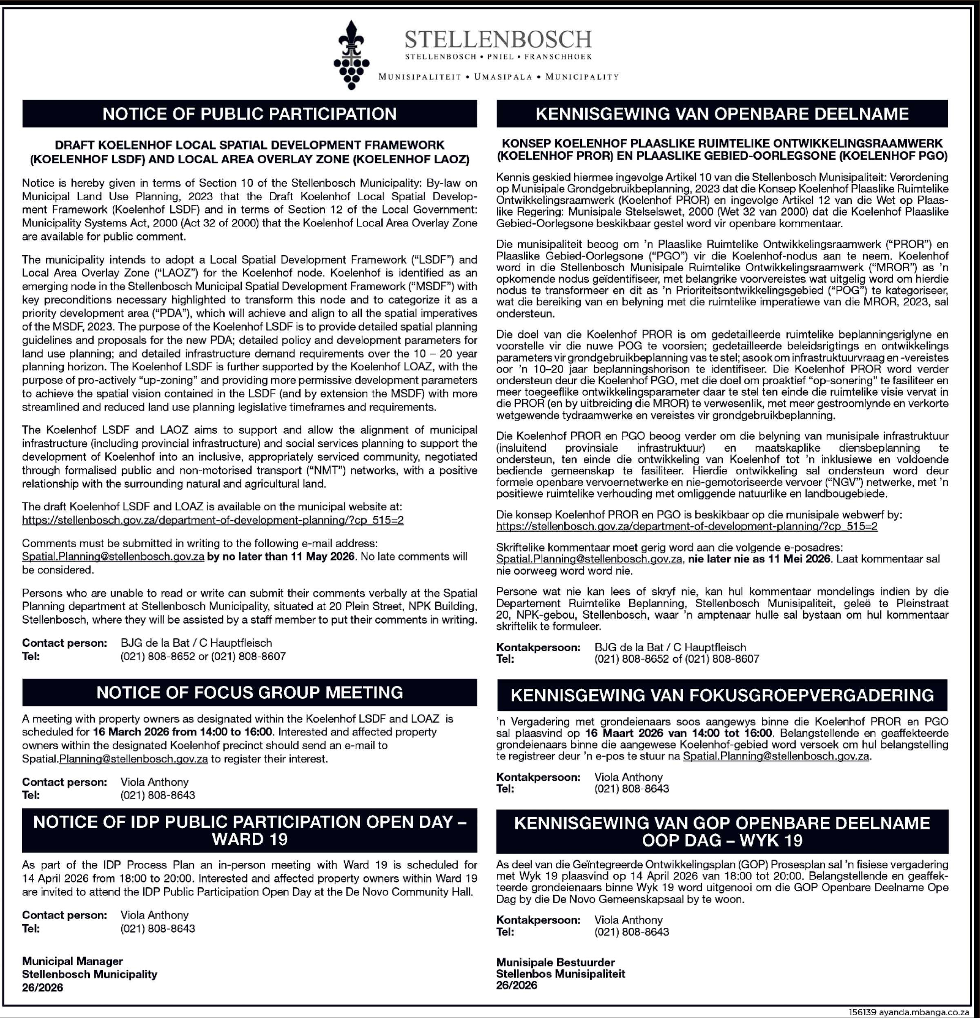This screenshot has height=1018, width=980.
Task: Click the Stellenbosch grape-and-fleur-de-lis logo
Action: coord(352,55)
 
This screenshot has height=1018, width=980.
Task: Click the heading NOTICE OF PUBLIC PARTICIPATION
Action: coord(249,114)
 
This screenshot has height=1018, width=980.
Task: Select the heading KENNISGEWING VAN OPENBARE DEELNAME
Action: coord(722,114)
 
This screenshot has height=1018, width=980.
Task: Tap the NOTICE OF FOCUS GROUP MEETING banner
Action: coord(249,692)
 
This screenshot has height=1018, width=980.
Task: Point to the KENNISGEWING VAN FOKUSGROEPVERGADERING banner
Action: coord(722,695)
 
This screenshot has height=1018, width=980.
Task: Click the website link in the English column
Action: coord(212,520)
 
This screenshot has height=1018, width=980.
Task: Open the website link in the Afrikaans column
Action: coord(686,526)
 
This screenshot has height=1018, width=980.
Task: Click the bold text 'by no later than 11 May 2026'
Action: coord(281,556)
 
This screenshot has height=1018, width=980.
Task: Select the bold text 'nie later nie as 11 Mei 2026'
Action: coord(759,559)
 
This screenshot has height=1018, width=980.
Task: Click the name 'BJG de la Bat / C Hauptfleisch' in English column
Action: coord(196,643)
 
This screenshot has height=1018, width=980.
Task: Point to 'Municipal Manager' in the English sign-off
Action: coord(72,961)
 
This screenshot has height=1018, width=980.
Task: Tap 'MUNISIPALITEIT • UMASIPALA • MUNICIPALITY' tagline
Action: coord(499,77)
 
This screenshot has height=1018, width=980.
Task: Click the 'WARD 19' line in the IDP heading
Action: coord(249,839)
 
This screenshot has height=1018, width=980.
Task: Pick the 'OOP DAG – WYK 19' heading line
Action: coord(722,840)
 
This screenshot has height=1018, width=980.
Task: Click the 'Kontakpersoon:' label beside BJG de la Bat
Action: coord(538,647)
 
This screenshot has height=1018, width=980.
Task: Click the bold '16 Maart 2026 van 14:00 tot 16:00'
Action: coord(678,733)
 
